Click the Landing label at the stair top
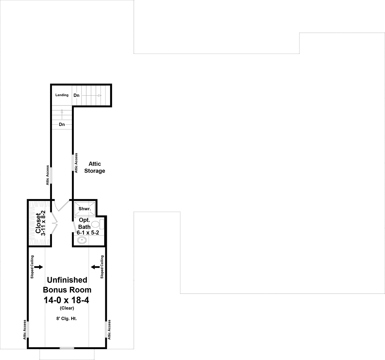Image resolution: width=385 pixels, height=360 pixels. point(62,95)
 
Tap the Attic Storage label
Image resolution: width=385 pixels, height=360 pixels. point(95,167)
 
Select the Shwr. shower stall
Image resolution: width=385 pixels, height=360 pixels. point(85,209)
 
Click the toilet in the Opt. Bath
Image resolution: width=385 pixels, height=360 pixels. point(98,224)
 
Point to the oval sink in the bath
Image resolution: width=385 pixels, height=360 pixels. point(82,240)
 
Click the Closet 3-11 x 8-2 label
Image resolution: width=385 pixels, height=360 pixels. point(40,223)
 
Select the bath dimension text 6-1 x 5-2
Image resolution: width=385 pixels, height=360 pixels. point(88,233)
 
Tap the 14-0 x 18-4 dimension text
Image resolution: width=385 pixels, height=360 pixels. point(66,300)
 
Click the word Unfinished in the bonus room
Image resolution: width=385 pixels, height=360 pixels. point(67,280)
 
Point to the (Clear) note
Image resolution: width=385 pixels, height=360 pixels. point(67,308)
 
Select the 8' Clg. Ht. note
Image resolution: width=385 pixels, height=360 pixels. point(66,319)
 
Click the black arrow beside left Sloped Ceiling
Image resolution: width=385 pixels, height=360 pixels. point(38,267)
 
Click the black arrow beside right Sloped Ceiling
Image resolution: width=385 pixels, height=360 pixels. point(95,267)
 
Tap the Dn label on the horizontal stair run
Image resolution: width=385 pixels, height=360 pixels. point(76,95)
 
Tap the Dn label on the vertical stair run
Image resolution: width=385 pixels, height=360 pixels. point(62,124)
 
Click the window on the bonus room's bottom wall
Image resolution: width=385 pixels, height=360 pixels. point(67,348)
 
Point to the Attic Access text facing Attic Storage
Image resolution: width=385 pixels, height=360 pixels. point(76,163)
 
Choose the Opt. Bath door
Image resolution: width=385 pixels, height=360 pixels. point(74,227)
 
